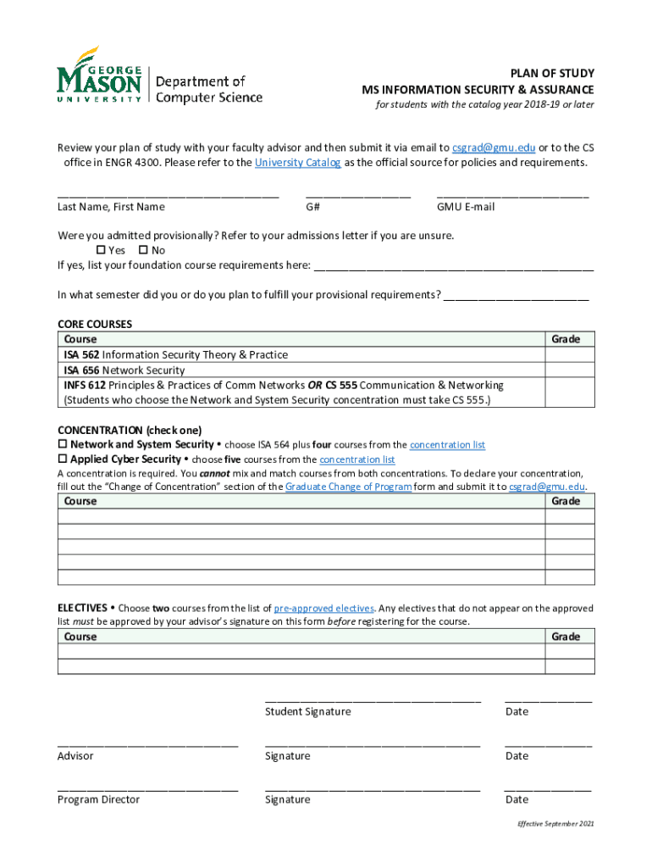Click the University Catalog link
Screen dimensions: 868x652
point(298,162)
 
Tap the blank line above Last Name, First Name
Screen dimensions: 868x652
point(168,196)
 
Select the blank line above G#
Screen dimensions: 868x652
point(357,196)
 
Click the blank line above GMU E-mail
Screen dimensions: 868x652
point(512,196)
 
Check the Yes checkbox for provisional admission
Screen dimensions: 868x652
point(101,250)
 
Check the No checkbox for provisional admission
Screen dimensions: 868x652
point(143,250)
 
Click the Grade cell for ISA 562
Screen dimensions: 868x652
point(569,354)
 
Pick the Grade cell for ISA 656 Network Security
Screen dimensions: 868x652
point(569,370)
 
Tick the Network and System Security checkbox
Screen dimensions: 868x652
point(62,445)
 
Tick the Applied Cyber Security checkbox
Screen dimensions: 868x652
point(62,459)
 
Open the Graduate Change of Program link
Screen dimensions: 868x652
point(349,487)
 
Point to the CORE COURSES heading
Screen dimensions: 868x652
point(95,324)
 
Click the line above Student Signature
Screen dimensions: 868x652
point(373,700)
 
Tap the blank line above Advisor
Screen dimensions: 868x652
point(147,744)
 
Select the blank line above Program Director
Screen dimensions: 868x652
point(147,788)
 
